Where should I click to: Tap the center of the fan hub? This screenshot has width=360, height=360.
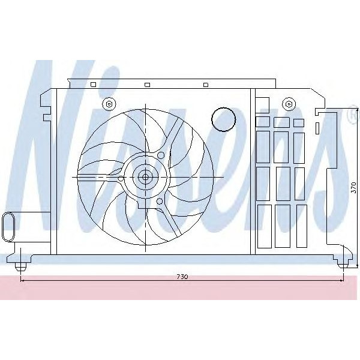(x=145, y=177)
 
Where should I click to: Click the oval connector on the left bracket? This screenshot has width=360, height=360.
(x=10, y=226)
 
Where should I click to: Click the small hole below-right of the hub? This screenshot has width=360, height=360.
(x=159, y=202)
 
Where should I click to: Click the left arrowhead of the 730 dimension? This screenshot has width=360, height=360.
(x=23, y=280)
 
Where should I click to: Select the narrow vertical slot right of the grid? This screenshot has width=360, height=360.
(x=316, y=128)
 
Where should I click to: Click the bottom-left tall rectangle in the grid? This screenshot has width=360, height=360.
(x=263, y=226)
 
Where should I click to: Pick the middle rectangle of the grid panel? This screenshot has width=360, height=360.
(x=283, y=183)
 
